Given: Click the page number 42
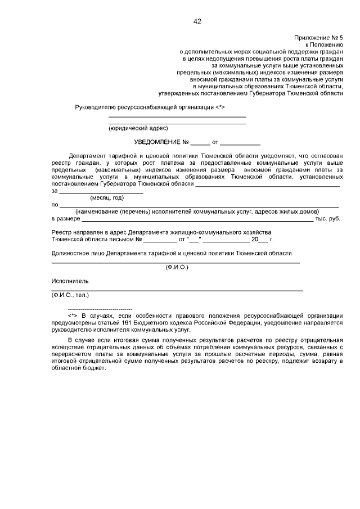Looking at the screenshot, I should point(197,22).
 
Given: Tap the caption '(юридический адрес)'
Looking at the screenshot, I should point(130,128).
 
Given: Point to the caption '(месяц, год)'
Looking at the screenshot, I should point(107,197).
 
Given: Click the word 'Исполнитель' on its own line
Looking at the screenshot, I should point(70,281).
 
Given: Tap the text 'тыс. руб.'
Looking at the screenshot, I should point(327,218).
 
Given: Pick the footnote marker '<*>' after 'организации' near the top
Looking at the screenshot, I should point(220,107).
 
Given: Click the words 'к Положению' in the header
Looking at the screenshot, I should point(325,44).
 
